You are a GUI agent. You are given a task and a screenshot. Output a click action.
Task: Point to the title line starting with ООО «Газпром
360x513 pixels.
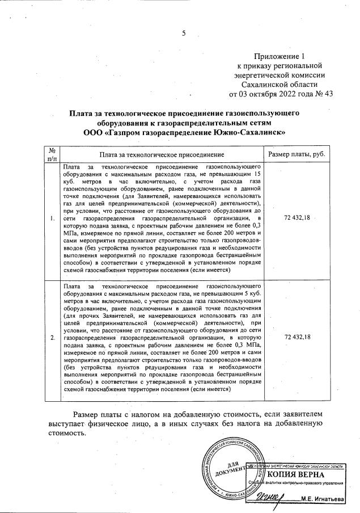(184, 132)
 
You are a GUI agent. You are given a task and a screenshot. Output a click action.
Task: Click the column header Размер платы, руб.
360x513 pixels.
(296, 154)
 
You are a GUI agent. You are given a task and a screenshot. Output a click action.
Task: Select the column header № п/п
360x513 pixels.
(52, 154)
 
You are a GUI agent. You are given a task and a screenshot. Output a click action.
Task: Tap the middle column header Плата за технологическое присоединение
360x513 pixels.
(161, 154)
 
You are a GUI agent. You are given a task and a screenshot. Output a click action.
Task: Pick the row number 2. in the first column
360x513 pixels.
(52, 337)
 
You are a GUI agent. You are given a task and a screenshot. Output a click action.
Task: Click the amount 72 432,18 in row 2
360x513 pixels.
(296, 337)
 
